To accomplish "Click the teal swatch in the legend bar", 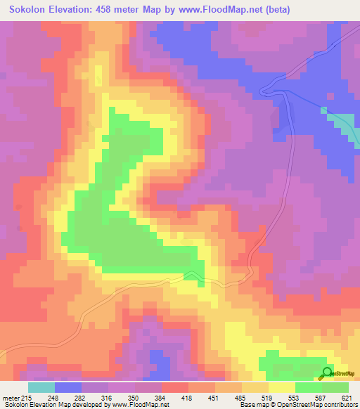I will (41, 387).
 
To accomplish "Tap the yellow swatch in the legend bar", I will (281, 387).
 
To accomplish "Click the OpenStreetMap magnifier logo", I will (328, 373).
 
